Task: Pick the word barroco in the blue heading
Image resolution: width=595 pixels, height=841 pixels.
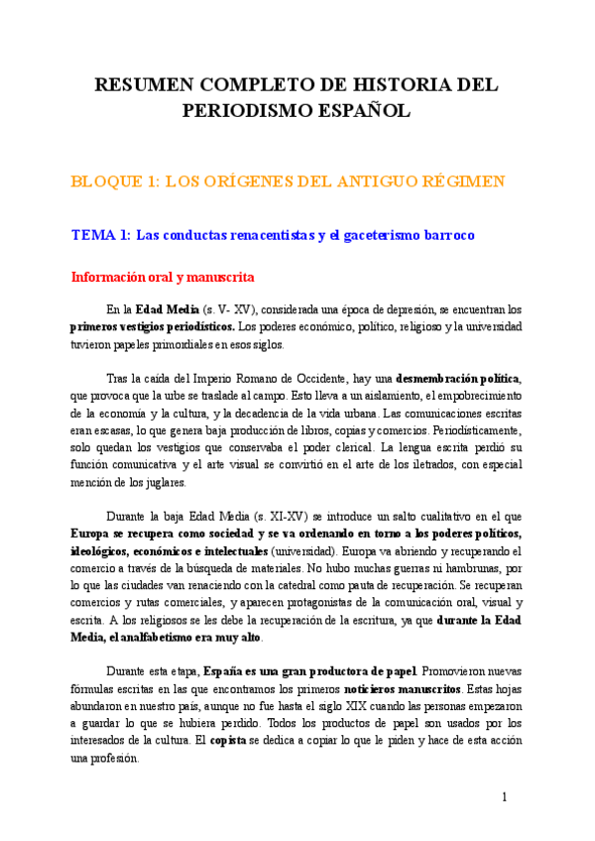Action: coord(446,236)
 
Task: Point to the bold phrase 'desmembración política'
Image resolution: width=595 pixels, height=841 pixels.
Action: coord(457,379)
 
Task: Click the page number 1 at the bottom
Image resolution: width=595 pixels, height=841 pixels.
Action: coord(504,796)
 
